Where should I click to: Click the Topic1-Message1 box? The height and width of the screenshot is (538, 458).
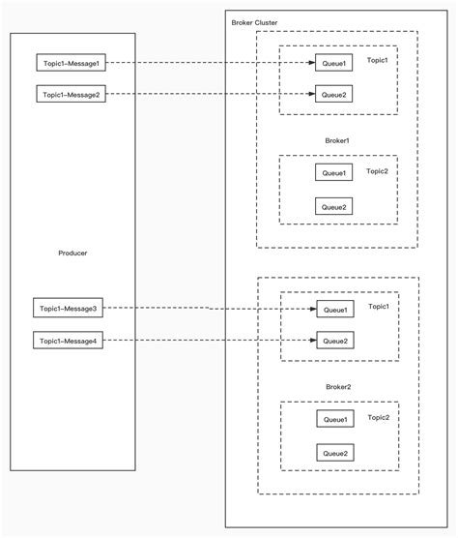[x=69, y=64]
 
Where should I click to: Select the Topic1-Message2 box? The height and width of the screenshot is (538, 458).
[x=69, y=95]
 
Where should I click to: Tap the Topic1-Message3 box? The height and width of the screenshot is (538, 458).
[x=67, y=309]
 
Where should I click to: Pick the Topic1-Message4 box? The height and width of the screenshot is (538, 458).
[x=67, y=341]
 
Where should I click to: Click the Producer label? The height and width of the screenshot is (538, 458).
[x=73, y=253]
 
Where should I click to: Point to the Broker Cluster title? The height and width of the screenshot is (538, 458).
[x=255, y=21]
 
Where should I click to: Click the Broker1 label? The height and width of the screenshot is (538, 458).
[x=336, y=140]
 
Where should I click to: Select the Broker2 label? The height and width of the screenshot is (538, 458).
[x=337, y=386]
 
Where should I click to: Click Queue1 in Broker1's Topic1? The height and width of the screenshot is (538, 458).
[x=333, y=64]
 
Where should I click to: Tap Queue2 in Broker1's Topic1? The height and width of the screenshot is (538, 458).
[x=333, y=95]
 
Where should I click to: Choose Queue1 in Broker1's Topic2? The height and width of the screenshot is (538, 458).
[x=333, y=172]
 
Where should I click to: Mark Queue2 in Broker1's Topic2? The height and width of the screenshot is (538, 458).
[x=333, y=206]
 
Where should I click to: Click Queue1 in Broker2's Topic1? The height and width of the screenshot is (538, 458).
[x=335, y=310]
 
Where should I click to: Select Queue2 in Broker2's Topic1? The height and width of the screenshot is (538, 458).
[x=335, y=341]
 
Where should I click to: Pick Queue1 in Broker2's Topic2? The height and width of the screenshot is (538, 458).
[x=335, y=419]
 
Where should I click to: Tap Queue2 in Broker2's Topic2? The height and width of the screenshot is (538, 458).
[x=335, y=452]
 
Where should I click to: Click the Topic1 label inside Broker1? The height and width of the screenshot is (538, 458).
[x=377, y=60]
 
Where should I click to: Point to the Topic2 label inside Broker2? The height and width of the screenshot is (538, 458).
[x=378, y=417]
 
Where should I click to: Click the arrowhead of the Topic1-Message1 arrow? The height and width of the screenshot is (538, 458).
[x=311, y=64]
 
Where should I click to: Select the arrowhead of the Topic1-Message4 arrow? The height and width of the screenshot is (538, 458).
[x=313, y=341]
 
